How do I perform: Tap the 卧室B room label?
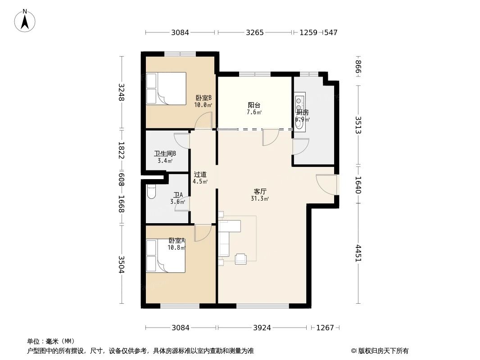click(204, 98)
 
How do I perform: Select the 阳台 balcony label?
click(254, 105)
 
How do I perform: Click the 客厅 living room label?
click(260, 191)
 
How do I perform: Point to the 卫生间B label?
click(165, 153)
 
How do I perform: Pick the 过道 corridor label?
click(200, 175)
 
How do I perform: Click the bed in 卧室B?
click(166, 89)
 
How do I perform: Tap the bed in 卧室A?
click(165, 256)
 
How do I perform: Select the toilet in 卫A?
click(151, 192)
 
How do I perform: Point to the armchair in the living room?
click(241, 258)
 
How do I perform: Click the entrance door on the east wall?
click(326, 184)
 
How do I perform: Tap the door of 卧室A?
click(203, 233)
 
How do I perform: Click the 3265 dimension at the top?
click(255, 32)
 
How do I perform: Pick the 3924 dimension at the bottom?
click(262, 328)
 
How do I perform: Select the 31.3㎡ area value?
click(260, 198)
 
